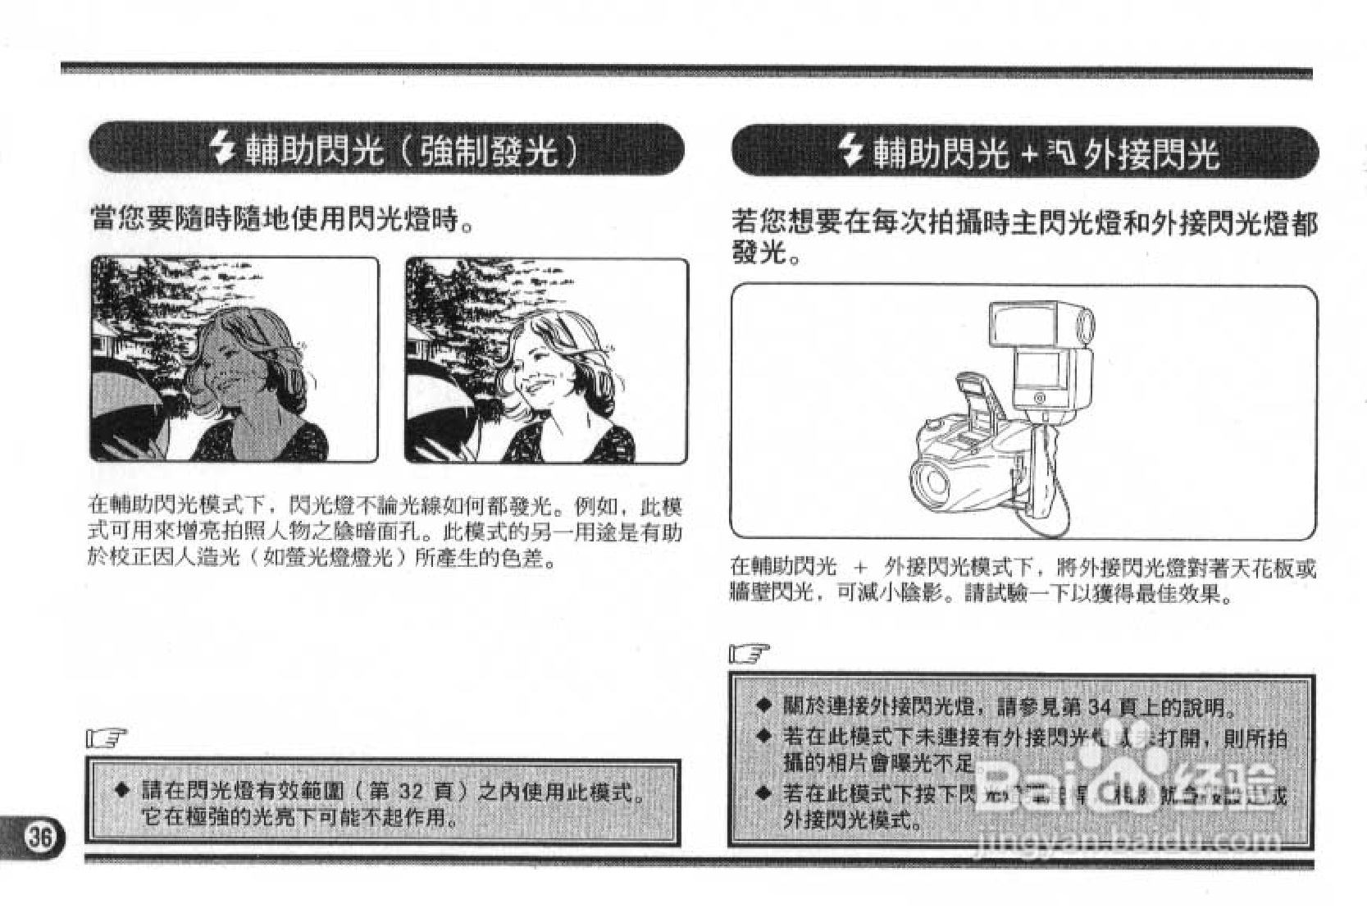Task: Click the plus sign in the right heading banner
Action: point(1029,154)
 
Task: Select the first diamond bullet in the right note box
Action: point(763,706)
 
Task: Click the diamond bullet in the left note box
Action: point(122,791)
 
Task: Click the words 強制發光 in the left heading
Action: point(490,150)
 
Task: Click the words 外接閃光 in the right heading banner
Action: point(1151,154)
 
